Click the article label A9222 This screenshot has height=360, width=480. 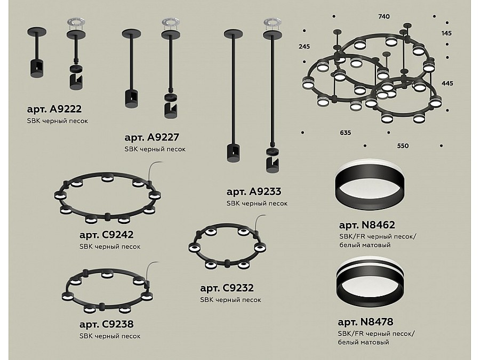[54, 109]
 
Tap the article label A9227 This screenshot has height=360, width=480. [151, 138]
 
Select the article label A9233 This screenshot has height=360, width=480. [254, 191]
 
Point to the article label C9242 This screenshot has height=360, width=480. [106, 235]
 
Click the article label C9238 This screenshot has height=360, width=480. [106, 324]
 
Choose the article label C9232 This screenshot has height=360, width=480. [227, 288]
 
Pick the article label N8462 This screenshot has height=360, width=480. [367, 225]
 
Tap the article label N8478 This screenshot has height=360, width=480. [365, 322]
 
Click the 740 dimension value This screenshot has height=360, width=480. [384, 17]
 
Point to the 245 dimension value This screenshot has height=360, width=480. [305, 46]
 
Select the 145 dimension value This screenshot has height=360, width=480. [446, 34]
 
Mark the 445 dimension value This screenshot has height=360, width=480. [447, 83]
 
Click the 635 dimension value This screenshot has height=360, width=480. [345, 133]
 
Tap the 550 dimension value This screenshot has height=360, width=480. [403, 146]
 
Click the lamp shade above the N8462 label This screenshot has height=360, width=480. [370, 185]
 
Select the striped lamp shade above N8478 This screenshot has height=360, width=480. [370, 281]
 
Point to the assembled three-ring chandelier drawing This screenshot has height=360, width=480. [372, 74]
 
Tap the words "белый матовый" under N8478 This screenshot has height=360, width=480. [363, 342]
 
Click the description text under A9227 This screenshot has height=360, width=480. [155, 149]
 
